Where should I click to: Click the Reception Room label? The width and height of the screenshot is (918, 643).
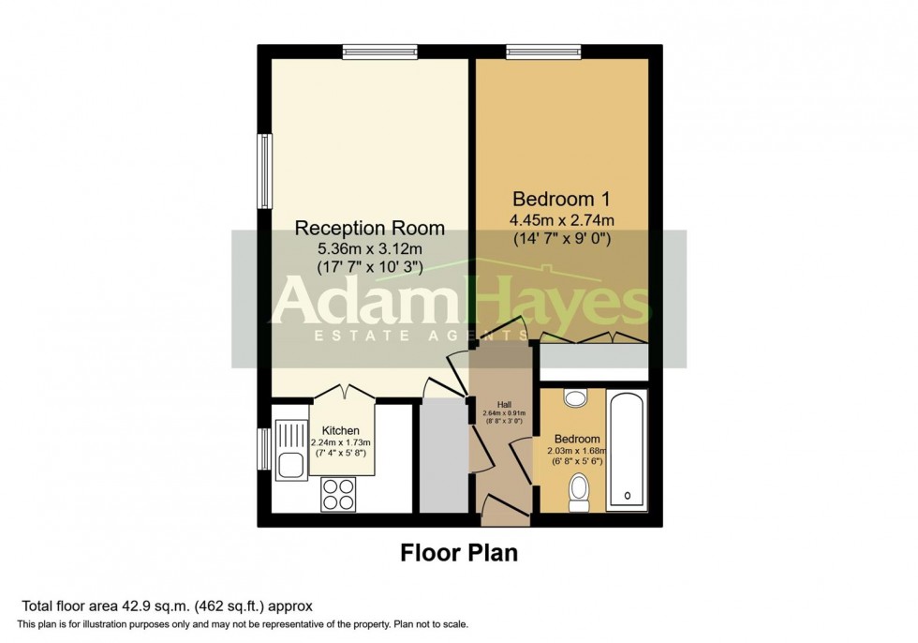pos(369,228)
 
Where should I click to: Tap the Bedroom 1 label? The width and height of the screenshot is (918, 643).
pos(561,199)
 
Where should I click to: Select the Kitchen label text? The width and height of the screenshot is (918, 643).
pos(340,430)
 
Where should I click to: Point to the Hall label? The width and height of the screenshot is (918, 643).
pos(504,405)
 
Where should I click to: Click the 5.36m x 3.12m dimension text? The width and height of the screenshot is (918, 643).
pos(369,249)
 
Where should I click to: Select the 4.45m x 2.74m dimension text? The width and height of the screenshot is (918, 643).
pos(561,220)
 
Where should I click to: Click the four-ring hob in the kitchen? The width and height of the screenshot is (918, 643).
pos(338,494)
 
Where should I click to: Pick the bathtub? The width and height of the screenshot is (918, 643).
pos(627,450)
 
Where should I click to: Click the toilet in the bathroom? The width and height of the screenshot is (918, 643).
pos(579,492)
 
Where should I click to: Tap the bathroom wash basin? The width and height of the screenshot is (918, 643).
pos(575,398)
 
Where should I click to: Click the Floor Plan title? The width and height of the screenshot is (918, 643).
pos(459,552)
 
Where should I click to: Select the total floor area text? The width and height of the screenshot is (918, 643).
pos(167,606)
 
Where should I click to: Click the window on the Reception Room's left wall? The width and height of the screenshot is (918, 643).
pos(266,171)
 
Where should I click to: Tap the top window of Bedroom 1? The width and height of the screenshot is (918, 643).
pos(544,52)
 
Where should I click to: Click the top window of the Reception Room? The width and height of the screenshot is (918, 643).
pos(380,52)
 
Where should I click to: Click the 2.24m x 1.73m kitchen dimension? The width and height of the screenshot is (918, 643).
pos(340,442)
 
